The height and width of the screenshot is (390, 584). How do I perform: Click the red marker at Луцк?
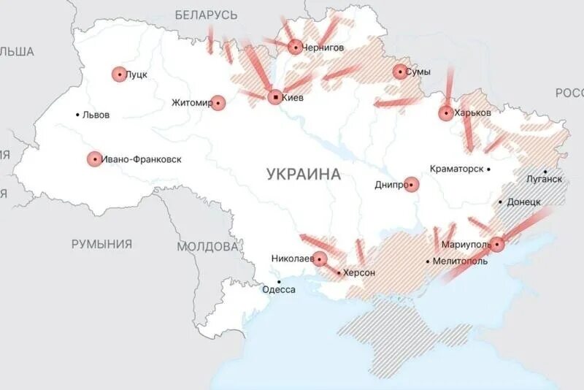[x=119, y=74]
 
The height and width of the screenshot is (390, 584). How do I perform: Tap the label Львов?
[x=96, y=115]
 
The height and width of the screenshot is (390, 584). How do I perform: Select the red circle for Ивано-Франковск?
[x=94, y=158]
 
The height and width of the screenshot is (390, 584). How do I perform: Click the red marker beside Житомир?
[x=218, y=103]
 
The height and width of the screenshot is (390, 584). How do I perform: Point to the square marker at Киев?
[x=274, y=96]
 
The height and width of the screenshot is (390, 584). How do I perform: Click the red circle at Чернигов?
[x=295, y=47]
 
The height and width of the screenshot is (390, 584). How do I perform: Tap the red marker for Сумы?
[x=400, y=72]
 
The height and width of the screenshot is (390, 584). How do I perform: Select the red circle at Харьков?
[x=446, y=113]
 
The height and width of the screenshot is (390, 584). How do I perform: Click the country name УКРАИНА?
[x=304, y=174]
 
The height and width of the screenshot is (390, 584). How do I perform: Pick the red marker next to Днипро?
[x=412, y=185]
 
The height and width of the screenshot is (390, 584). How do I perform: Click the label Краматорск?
[x=457, y=169]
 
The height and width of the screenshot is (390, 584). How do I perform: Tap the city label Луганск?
[x=545, y=178]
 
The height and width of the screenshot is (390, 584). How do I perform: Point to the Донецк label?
[x=524, y=202]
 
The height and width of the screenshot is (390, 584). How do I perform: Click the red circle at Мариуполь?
[x=497, y=244]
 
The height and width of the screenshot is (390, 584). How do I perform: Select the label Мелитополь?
[x=461, y=261]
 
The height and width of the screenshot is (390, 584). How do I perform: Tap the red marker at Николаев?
[x=320, y=258]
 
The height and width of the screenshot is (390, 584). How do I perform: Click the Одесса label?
[x=279, y=290]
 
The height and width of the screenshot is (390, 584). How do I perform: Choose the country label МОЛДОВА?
[x=207, y=246]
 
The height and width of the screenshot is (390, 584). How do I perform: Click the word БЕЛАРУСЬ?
[x=207, y=15]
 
